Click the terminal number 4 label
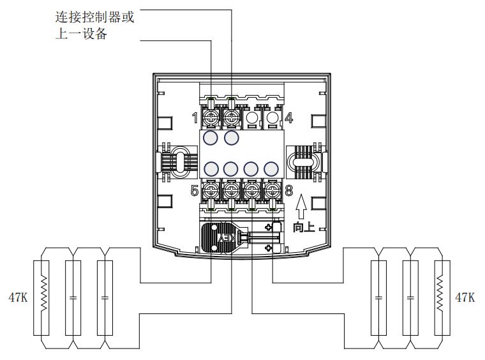coord(288,117)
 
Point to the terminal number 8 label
coord(288,190)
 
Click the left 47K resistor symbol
coord(44,297)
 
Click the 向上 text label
coord(304,227)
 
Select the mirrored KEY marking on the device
coord(228,237)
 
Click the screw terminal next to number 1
coord(211,118)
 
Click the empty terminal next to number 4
coord(272,118)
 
